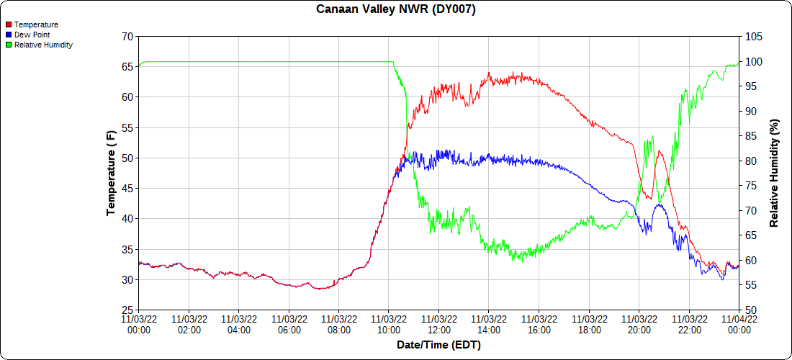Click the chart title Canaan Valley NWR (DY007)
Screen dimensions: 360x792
396,9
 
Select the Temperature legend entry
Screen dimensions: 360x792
36,24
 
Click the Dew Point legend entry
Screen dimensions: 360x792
32,35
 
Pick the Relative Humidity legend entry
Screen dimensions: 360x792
43,45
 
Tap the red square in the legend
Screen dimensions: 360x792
9,24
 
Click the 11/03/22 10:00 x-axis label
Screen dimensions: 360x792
389,324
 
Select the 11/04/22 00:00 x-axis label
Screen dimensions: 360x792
739,324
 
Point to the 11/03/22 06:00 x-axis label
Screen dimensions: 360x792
289,324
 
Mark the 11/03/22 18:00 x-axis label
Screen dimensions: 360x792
589,324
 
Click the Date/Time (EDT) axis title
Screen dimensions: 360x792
438,345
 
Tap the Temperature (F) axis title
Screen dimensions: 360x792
111,173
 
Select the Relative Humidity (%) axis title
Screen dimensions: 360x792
774,173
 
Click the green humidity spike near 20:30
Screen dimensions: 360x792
652,136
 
